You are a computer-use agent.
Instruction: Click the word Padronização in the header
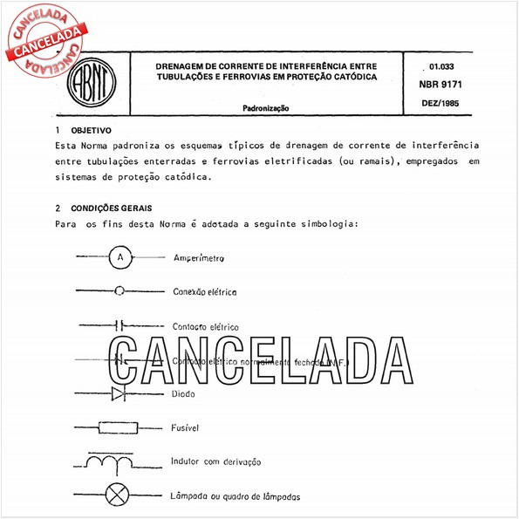266,108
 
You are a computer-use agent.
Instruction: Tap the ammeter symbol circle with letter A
120,257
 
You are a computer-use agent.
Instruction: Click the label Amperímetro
199,258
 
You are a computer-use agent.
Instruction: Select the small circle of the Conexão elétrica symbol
120,291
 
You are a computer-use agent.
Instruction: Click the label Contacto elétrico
206,327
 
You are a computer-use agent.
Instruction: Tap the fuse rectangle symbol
120,427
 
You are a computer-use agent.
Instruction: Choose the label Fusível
187,427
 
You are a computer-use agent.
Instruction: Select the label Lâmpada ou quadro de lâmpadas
237,496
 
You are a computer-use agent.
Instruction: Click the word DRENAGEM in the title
183,65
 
